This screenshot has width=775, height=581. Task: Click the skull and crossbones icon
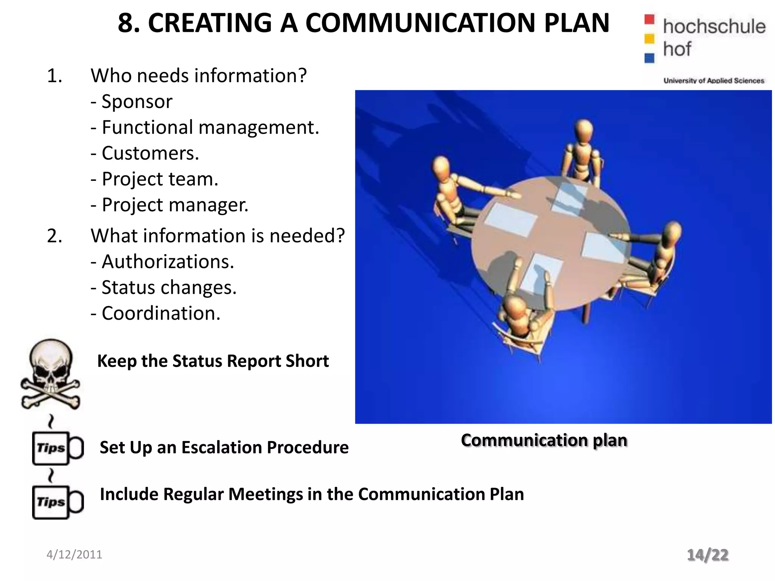[50, 374]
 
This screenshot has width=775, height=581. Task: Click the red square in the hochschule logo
[649, 19]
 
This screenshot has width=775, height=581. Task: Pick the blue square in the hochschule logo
[649, 58]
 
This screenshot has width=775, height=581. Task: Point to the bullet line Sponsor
[132, 101]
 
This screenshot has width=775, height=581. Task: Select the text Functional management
[205, 127]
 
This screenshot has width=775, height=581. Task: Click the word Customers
[150, 153]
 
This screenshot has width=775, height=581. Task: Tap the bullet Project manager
[170, 205]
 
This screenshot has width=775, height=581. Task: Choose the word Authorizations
[168, 262]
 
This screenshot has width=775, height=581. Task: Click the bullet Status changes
[163, 287]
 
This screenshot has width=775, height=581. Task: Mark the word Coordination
[160, 314]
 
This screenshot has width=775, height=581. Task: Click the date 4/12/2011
[74, 555]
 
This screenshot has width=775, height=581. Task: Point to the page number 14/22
[708, 555]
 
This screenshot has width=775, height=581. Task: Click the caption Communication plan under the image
[544, 440]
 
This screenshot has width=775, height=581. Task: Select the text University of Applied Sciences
[714, 81]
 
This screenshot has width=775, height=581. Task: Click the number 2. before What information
[54, 236]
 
